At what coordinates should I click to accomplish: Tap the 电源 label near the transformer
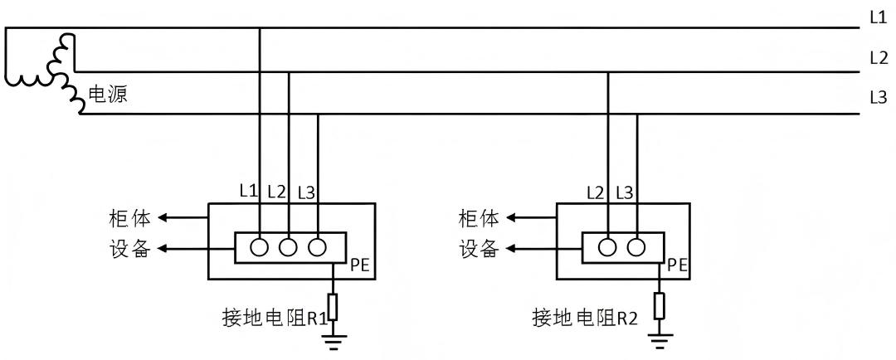[x=108, y=95]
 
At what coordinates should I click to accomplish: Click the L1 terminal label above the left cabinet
[x=248, y=191]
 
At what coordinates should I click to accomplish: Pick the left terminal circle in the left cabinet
[x=260, y=247]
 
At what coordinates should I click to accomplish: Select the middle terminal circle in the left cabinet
[x=289, y=247]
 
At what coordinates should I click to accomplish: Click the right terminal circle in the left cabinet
[x=317, y=247]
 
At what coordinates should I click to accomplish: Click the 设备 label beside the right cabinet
[x=480, y=248]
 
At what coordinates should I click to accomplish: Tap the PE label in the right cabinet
[x=678, y=265]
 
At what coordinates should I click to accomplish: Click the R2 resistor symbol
[x=660, y=306]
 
